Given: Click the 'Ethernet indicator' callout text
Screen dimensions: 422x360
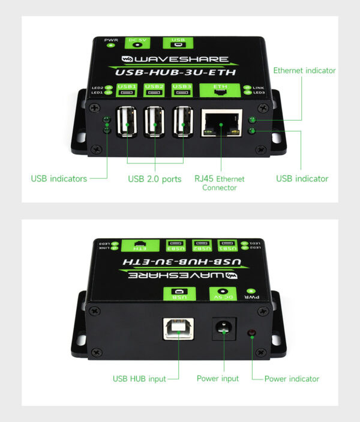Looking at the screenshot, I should click(x=304, y=71).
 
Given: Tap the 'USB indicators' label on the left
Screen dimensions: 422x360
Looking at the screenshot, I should click(x=59, y=178).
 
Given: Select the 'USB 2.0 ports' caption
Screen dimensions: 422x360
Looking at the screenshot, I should click(x=155, y=179).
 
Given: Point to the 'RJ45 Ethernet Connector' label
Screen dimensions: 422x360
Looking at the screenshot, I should click(x=219, y=183).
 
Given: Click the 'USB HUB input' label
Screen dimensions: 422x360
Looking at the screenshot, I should click(x=139, y=379).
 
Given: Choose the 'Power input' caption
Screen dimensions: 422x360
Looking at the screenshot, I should click(x=218, y=379).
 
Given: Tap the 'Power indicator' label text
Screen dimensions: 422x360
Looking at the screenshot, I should click(x=292, y=379).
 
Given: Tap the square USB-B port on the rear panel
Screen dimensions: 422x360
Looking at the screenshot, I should click(x=178, y=329).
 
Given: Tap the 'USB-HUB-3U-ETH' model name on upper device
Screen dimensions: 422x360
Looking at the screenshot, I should click(x=175, y=72).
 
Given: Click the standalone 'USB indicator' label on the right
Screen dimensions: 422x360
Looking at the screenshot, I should click(x=302, y=178).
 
